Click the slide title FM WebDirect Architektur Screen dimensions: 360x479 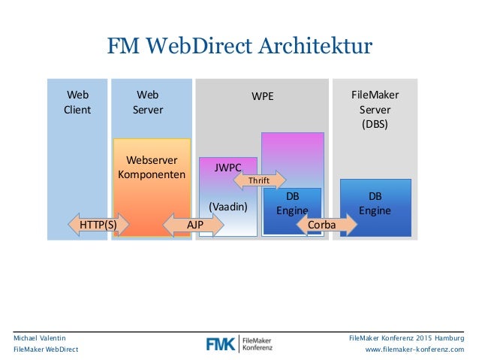pos(239,47)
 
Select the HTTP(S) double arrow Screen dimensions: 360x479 pos(98,224)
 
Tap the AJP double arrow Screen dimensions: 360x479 pos(194,224)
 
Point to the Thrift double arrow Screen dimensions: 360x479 pos(260,180)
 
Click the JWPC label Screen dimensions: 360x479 pos(227,168)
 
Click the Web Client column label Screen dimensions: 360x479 pos(77,102)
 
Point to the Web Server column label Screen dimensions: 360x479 pos(148,102)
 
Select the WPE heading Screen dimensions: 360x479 pos(262,96)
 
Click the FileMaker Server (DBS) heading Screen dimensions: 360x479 pos(375,109)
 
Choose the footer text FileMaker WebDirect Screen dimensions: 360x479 pos(45,350)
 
